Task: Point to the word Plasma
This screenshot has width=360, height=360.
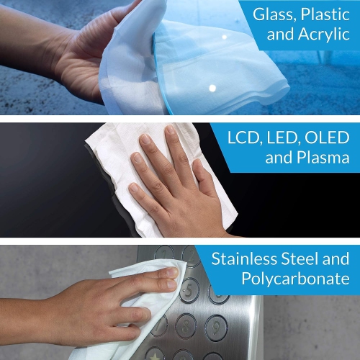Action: click(317, 158)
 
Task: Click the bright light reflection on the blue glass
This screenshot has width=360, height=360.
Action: click(212, 88)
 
